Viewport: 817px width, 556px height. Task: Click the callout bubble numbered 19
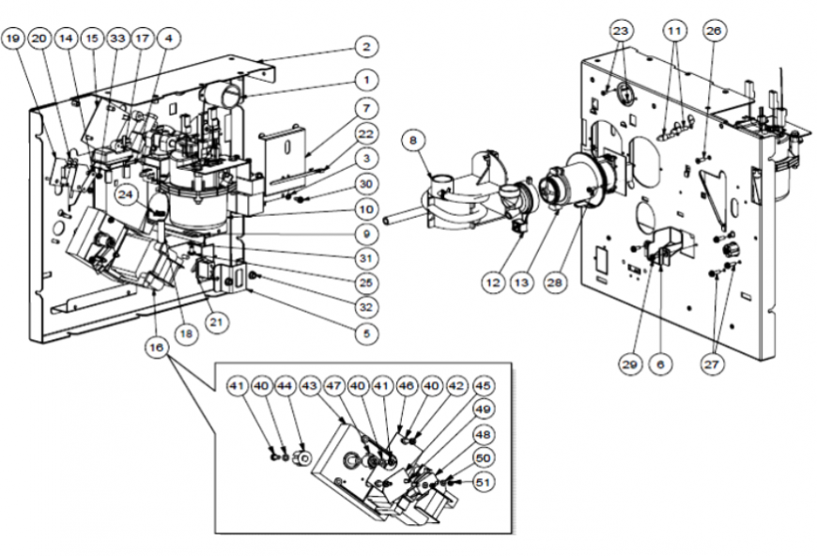[x=13, y=39]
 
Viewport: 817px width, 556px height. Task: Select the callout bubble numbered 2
[x=366, y=47]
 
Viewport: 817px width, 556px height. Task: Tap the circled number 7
[x=366, y=108]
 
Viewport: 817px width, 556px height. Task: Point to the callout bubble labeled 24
[x=126, y=194]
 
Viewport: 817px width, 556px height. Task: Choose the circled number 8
[x=414, y=141]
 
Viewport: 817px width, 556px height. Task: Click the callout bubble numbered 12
[x=493, y=283]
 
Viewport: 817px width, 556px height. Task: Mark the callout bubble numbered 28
[x=555, y=283]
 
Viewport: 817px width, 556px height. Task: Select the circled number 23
[x=621, y=31]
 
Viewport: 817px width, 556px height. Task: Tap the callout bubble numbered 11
[x=674, y=31]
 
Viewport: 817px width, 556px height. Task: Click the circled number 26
[x=714, y=31]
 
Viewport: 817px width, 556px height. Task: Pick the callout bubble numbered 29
[x=630, y=363]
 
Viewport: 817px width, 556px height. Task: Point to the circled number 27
[x=712, y=363]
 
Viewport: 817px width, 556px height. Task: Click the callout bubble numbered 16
[x=157, y=347]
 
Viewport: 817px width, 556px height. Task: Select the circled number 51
[x=484, y=483]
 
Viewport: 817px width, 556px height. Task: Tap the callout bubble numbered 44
[x=285, y=386]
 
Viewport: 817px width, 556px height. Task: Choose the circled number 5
[x=366, y=333]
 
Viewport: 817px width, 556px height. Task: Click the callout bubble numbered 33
[x=117, y=39]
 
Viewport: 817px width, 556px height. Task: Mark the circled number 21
[x=216, y=322]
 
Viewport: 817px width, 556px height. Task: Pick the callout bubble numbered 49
[x=484, y=409]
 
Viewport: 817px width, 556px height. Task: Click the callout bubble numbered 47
[x=333, y=386]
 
